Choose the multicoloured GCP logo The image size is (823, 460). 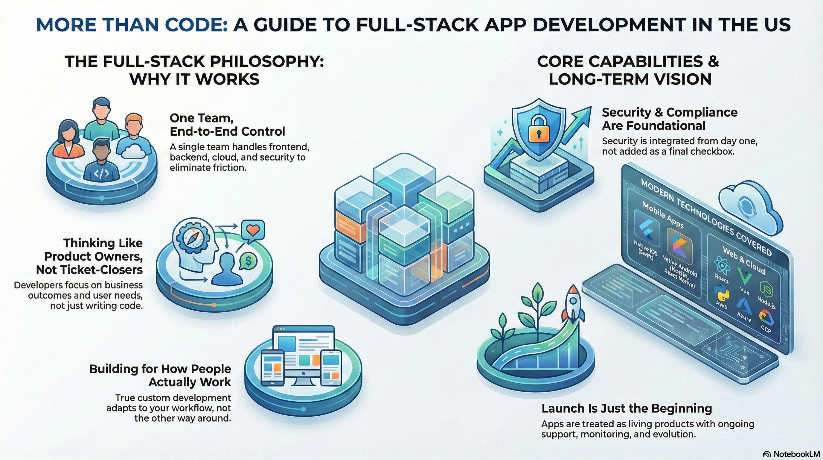pyautogui.click(x=766, y=318)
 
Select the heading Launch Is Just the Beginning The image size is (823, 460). pyautogui.click(x=627, y=408)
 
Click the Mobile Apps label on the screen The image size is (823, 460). pyautogui.click(x=663, y=215)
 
